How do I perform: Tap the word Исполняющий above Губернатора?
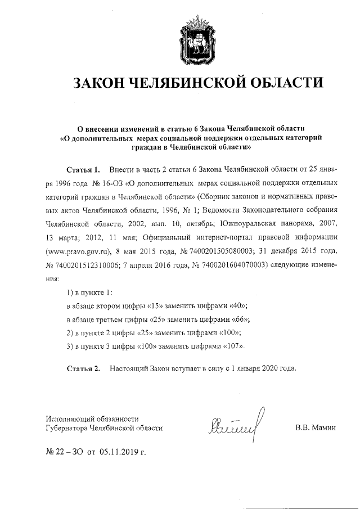(69, 418)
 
